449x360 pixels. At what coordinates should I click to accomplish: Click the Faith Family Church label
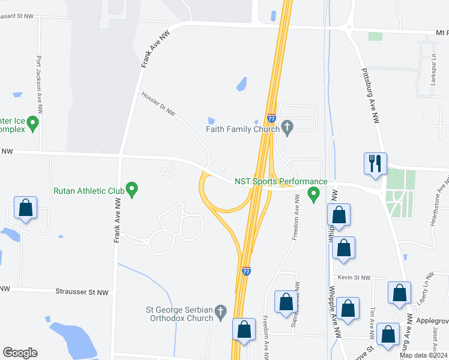click(x=243, y=128)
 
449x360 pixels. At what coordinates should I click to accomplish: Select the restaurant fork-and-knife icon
click(x=375, y=164)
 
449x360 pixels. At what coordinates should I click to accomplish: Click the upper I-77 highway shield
click(x=271, y=119)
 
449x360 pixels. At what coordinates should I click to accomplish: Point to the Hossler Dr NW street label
click(x=158, y=104)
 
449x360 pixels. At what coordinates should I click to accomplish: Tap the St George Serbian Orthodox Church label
click(x=179, y=314)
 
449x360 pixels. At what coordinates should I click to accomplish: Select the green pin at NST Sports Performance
click(x=313, y=194)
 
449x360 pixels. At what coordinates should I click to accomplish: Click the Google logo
click(x=20, y=353)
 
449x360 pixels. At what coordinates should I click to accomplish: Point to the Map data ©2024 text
click(x=423, y=355)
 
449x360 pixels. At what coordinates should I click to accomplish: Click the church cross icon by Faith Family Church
click(x=287, y=127)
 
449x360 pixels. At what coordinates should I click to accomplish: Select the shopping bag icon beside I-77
click(x=244, y=329)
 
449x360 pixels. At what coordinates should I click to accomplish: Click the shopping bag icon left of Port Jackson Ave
click(x=26, y=208)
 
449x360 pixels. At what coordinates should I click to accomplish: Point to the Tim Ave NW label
click(x=373, y=317)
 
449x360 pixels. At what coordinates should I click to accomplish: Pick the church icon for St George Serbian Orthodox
click(x=220, y=312)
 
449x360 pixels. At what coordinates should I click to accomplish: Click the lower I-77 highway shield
click(x=246, y=271)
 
